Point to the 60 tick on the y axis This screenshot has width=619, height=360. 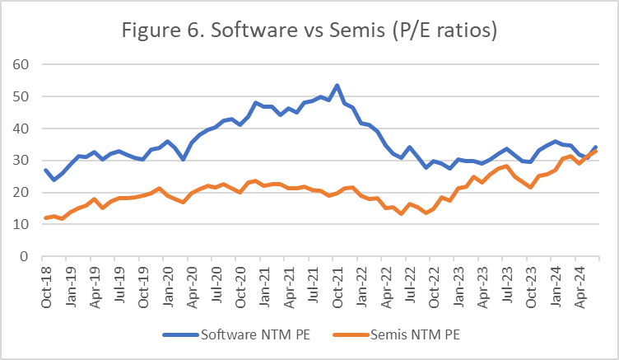pyautogui.click(x=23, y=64)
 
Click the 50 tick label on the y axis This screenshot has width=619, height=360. pyautogui.click(x=23, y=96)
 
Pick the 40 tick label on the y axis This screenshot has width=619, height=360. pyautogui.click(x=23, y=129)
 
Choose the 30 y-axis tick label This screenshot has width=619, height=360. pyautogui.click(x=23, y=160)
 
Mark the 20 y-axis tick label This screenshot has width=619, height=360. pyautogui.click(x=23, y=192)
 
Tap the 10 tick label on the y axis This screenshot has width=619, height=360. pyautogui.click(x=23, y=224)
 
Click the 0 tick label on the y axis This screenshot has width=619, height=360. pyautogui.click(x=26, y=256)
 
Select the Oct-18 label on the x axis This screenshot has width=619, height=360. pyautogui.click(x=47, y=284)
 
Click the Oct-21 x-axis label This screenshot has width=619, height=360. pyautogui.click(x=337, y=284)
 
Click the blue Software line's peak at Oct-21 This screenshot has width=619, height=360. pyautogui.click(x=337, y=85)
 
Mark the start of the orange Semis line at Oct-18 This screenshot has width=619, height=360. pyautogui.click(x=46, y=218)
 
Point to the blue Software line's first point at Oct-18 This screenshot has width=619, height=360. pyautogui.click(x=46, y=170)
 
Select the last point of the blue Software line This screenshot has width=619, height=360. pyautogui.click(x=596, y=147)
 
